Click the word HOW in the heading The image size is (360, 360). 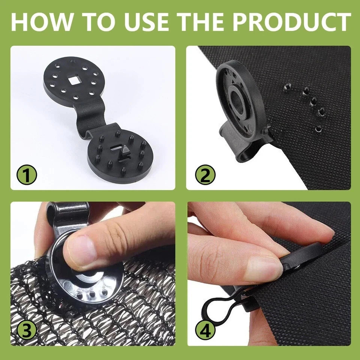[41, 22]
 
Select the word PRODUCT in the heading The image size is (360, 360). [292, 22]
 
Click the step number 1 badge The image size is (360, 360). [27, 175]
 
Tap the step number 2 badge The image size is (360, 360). [205, 175]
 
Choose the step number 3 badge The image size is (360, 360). [27, 331]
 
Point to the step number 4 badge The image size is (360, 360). [205, 331]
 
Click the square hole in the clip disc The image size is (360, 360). [73, 81]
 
